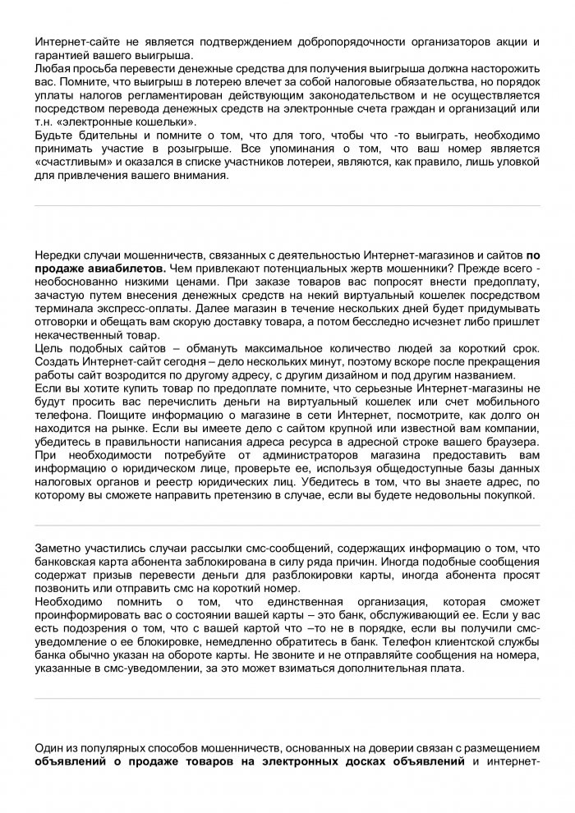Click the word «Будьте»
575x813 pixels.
pos(54,134)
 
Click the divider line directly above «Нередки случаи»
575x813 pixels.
pos(287,205)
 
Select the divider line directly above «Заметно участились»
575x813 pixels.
pos(287,525)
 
